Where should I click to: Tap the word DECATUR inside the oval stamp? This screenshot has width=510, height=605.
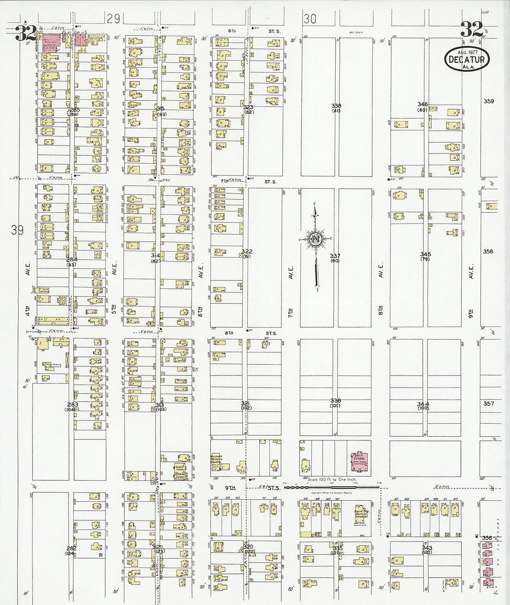[467, 59]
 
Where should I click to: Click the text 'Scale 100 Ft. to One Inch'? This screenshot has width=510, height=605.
[329, 478]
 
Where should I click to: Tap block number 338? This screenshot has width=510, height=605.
[336, 106]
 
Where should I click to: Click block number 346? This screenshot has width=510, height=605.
[422, 104]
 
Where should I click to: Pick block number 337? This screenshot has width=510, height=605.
[335, 256]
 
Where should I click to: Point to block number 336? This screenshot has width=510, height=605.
[336, 401]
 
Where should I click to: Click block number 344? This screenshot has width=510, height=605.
[423, 404]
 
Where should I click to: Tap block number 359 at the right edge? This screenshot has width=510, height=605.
[489, 101]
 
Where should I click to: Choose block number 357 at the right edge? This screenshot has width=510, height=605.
[489, 403]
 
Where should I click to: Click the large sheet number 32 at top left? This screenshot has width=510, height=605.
[25, 33]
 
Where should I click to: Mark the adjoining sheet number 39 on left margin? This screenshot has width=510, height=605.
[18, 230]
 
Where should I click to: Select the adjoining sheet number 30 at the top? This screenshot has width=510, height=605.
[310, 19]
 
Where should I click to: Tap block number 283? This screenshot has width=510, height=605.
[72, 404]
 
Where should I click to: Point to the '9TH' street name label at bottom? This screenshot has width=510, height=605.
[230, 487]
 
